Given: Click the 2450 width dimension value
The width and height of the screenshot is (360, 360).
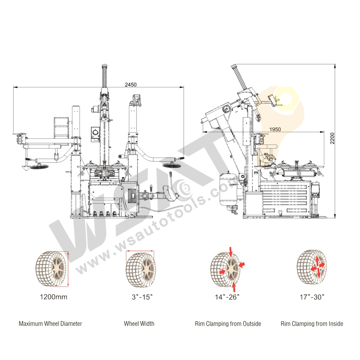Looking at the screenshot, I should pos(131,85).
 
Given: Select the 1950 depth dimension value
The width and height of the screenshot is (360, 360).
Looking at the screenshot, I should pos(275,129).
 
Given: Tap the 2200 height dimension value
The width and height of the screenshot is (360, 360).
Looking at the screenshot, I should pos(332,138).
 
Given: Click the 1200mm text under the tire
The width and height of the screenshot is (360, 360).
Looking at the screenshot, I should pos(53,297).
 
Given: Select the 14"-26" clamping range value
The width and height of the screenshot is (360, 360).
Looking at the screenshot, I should pos(227,297).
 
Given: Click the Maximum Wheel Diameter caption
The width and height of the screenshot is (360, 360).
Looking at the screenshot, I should pos(50,324).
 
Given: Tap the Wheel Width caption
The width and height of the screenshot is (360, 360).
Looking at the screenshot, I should pos(139,324).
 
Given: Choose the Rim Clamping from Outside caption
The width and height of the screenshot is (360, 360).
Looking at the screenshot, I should pos(228,324).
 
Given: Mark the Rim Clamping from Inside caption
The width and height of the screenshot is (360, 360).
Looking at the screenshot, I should pos(312,324).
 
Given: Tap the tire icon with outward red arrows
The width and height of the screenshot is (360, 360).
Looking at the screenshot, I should pos(312,267).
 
